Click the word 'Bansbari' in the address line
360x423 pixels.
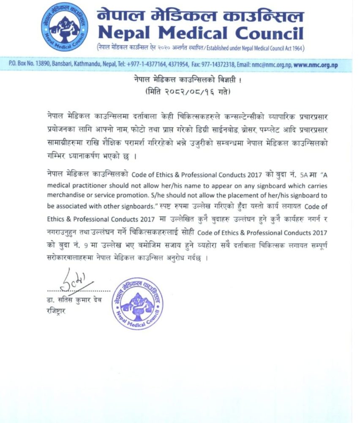(x=62, y=66)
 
